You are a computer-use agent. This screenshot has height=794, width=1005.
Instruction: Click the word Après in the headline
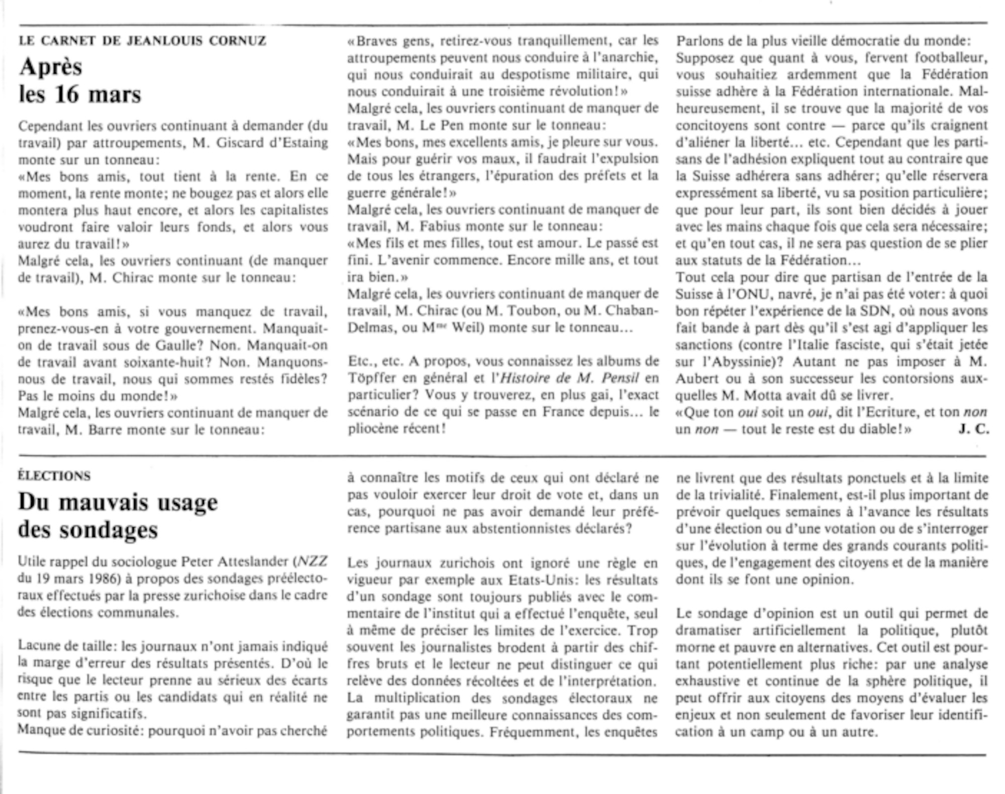coord(51,67)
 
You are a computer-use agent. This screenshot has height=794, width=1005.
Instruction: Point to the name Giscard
coord(239,143)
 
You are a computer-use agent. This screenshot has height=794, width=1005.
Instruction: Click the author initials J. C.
coord(973,429)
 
